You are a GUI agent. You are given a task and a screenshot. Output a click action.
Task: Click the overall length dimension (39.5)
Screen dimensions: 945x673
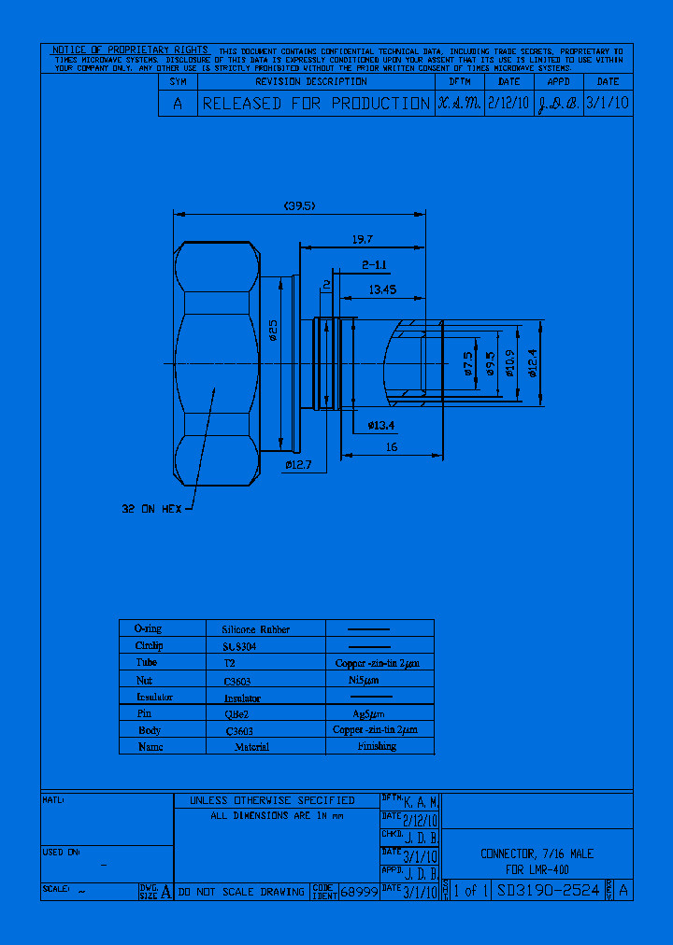click(300, 206)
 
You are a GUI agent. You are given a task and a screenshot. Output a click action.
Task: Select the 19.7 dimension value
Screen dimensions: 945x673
click(362, 240)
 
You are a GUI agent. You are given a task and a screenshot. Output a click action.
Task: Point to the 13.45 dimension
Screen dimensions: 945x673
click(381, 290)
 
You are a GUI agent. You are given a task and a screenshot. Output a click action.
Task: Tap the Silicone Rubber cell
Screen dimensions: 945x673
click(255, 629)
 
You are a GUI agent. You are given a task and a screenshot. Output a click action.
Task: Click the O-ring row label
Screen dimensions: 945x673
click(149, 629)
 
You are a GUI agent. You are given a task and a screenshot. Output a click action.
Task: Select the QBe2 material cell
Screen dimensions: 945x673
click(236, 713)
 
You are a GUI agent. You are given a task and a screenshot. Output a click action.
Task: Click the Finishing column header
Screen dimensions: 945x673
click(377, 746)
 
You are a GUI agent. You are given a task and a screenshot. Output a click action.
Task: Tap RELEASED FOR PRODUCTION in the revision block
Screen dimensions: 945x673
click(316, 104)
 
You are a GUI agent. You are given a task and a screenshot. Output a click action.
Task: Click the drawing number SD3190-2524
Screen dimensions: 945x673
click(549, 891)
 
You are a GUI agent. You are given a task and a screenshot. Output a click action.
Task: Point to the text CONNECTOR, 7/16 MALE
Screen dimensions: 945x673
click(537, 853)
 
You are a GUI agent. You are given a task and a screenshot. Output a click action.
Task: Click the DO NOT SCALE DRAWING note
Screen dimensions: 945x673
click(241, 892)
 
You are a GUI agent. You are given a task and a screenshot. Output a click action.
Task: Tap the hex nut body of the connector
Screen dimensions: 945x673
click(217, 364)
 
